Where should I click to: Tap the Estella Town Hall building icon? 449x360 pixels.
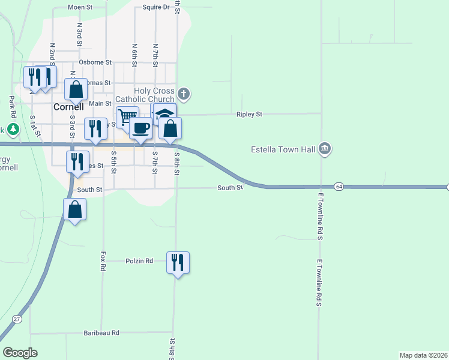point(325,148)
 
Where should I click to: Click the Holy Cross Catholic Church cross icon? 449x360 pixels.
point(184,94)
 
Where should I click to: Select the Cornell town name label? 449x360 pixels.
point(68,107)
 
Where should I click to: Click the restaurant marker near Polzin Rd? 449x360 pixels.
point(178,262)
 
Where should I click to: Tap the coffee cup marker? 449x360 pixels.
point(140,128)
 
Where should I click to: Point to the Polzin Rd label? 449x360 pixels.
point(139,261)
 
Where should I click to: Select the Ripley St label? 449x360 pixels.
point(249,114)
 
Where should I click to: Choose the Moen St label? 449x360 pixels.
point(80,7)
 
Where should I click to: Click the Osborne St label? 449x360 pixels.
point(95,62)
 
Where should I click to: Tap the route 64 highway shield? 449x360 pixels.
point(339,187)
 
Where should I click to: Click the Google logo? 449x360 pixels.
point(20,353)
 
